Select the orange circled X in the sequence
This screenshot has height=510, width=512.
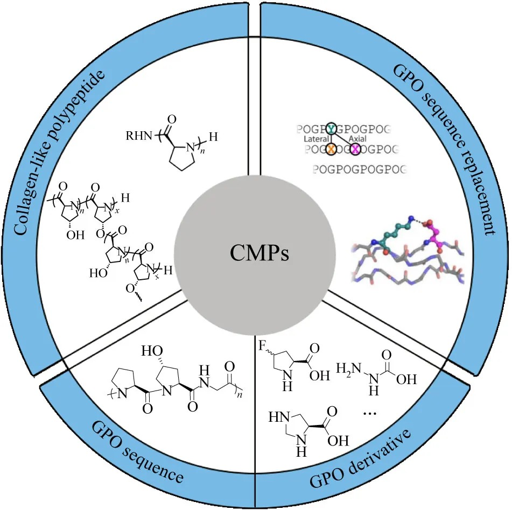coord(331,148)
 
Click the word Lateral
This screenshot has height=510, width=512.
coord(317,139)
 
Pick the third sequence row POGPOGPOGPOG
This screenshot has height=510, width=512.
coord(359,170)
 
